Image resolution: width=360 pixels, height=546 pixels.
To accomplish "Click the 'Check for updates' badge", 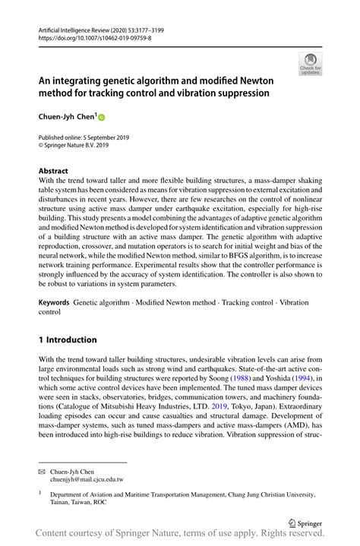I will [310, 65].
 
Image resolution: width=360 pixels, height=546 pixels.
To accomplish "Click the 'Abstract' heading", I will [53, 171].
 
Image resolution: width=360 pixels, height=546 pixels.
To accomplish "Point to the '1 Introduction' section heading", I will [68, 339].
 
